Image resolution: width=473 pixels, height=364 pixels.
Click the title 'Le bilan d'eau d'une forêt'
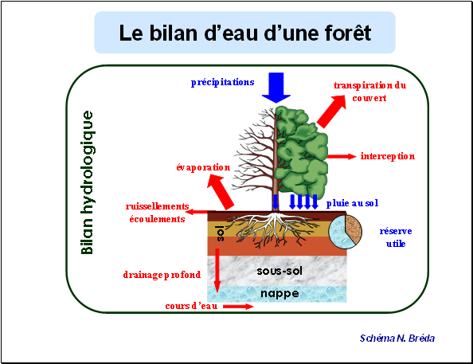[x=244, y=33]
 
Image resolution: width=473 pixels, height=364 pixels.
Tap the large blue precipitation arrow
[x=276, y=88]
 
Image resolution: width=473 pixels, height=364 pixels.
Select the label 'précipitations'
[x=223, y=82]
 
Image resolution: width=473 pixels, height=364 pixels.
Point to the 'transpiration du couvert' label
[x=369, y=92]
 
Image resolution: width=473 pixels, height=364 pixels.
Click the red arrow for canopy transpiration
[x=331, y=112]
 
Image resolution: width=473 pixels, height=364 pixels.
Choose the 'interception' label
[x=388, y=156]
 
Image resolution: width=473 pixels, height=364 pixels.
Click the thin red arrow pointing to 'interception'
[x=342, y=156]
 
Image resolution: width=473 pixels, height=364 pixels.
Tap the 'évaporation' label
[x=203, y=167]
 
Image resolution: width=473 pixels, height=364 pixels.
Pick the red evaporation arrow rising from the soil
[x=221, y=193]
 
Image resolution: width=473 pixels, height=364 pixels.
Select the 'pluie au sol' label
[x=352, y=203]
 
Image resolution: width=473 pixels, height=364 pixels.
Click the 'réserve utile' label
[x=396, y=237]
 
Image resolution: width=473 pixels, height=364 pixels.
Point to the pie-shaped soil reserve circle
[x=345, y=232]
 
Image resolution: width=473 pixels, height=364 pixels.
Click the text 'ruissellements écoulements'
[x=157, y=213]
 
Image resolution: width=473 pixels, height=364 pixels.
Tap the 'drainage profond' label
[x=162, y=275]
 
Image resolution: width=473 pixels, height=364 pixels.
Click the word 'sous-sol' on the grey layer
[x=279, y=271]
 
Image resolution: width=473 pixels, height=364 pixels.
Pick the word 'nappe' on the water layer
[x=279, y=293]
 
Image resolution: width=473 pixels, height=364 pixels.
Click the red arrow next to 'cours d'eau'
[x=238, y=307]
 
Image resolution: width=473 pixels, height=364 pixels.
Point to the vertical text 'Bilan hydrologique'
[x=88, y=182]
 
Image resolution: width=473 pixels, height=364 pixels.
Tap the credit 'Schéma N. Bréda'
[x=397, y=339]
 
